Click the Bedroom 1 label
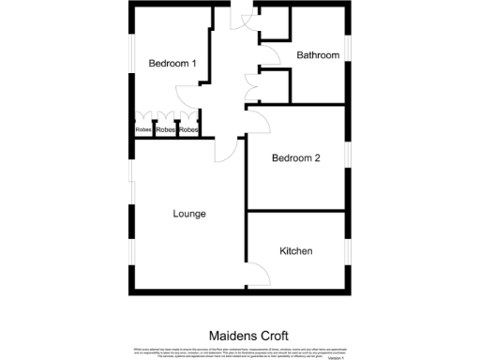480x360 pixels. click(x=172, y=64)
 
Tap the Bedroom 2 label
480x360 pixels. click(x=296, y=158)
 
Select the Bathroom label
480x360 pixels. click(x=318, y=55)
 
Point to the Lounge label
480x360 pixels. click(x=188, y=214)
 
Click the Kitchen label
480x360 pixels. click(x=296, y=251)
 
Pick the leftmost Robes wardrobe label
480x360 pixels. click(x=143, y=129)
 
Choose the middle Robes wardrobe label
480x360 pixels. click(x=166, y=129)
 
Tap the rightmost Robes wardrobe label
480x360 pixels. click(x=188, y=129)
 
